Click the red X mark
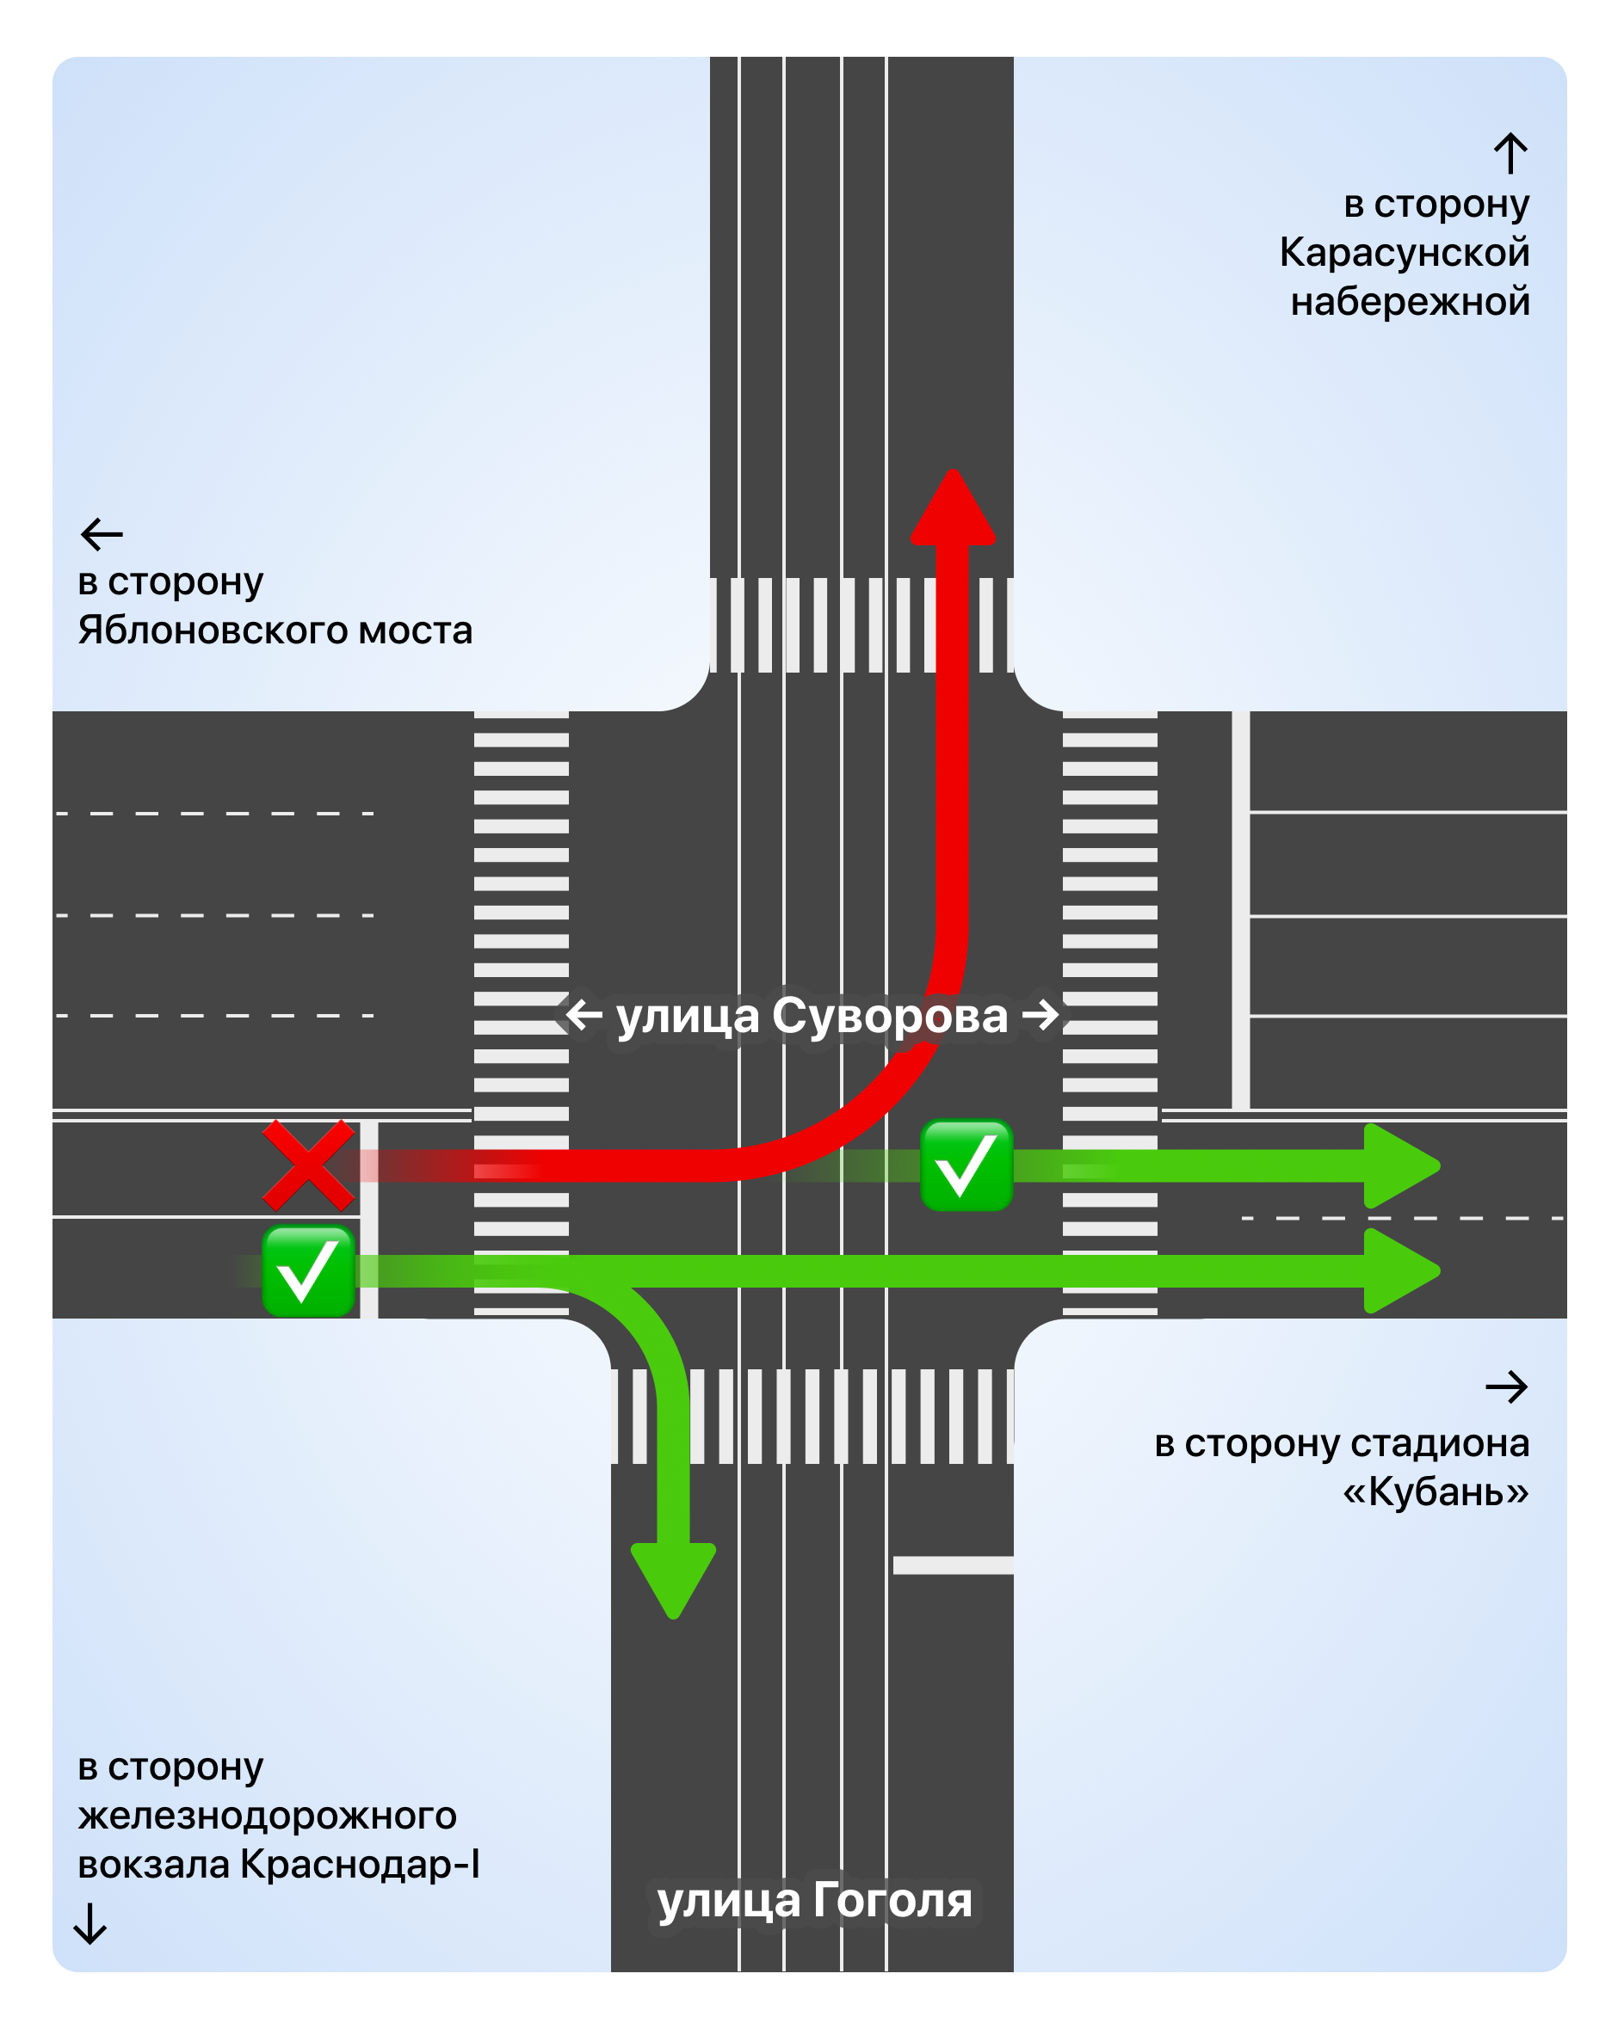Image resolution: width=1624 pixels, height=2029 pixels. pyautogui.click(x=309, y=1165)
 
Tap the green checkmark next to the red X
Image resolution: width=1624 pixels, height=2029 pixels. pyautogui.click(x=309, y=1270)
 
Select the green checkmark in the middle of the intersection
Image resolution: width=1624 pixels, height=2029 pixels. pyautogui.click(x=966, y=1165)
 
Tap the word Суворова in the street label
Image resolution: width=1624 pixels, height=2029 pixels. pyautogui.click(x=889, y=1017)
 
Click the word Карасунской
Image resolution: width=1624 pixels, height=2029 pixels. pyautogui.click(x=1404, y=252)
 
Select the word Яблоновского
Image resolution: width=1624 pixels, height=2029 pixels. pyautogui.click(x=213, y=630)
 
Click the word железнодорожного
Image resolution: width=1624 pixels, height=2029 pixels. pyautogui.click(x=268, y=1815)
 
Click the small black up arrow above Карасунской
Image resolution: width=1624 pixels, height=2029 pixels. pyautogui.click(x=1510, y=153)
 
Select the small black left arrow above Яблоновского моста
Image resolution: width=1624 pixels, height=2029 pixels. pyautogui.click(x=102, y=534)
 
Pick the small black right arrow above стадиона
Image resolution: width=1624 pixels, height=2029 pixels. pyautogui.click(x=1505, y=1386)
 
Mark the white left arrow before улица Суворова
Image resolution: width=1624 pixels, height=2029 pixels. pyautogui.click(x=584, y=1015)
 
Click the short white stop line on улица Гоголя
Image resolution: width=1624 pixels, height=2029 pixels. pyautogui.click(x=953, y=1565)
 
